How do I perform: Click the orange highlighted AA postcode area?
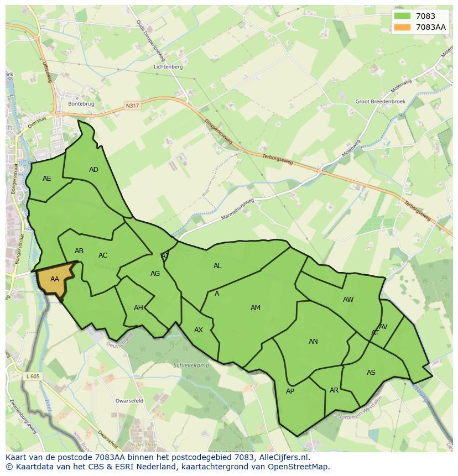point(54,279)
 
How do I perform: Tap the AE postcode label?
point(47,179)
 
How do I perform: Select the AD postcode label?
point(93,170)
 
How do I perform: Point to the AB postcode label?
point(79,251)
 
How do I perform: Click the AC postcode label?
point(103,255)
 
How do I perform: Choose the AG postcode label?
point(155,274)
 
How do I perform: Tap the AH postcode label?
point(138,308)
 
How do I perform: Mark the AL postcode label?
point(217,266)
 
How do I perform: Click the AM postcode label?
point(255,308)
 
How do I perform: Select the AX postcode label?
point(199,330)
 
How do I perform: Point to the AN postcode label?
point(313,342)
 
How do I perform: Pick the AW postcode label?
point(348,300)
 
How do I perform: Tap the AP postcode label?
point(290,391)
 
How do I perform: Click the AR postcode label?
point(334,390)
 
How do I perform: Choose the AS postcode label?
point(371,373)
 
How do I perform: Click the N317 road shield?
point(132,105)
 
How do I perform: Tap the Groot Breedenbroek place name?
point(380,102)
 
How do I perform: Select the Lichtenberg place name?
point(169,67)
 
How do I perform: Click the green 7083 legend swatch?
point(403,17)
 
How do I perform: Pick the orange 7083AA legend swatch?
point(403,27)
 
